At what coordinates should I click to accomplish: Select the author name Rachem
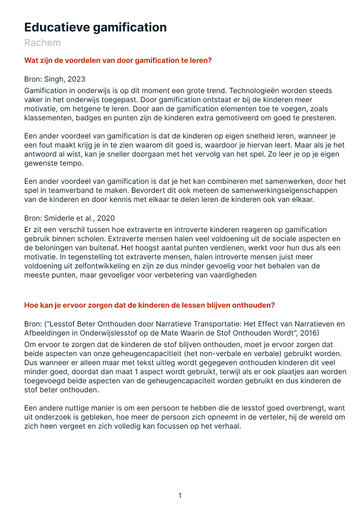pos(42,43)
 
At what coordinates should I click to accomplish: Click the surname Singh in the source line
pos(55,79)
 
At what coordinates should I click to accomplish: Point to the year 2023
pos(76,79)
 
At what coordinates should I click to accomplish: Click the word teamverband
pos(67,190)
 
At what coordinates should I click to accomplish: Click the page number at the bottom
pos(180,496)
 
